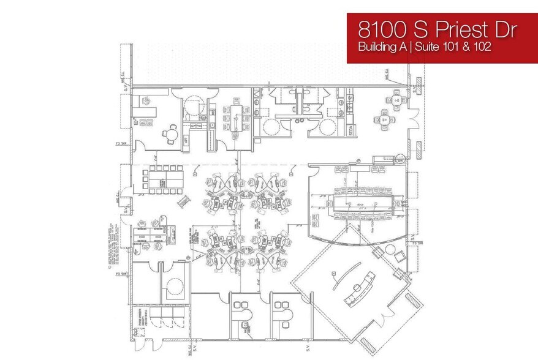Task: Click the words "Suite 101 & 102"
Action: click(x=454, y=47)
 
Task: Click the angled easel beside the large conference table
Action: click(x=180, y=202)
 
